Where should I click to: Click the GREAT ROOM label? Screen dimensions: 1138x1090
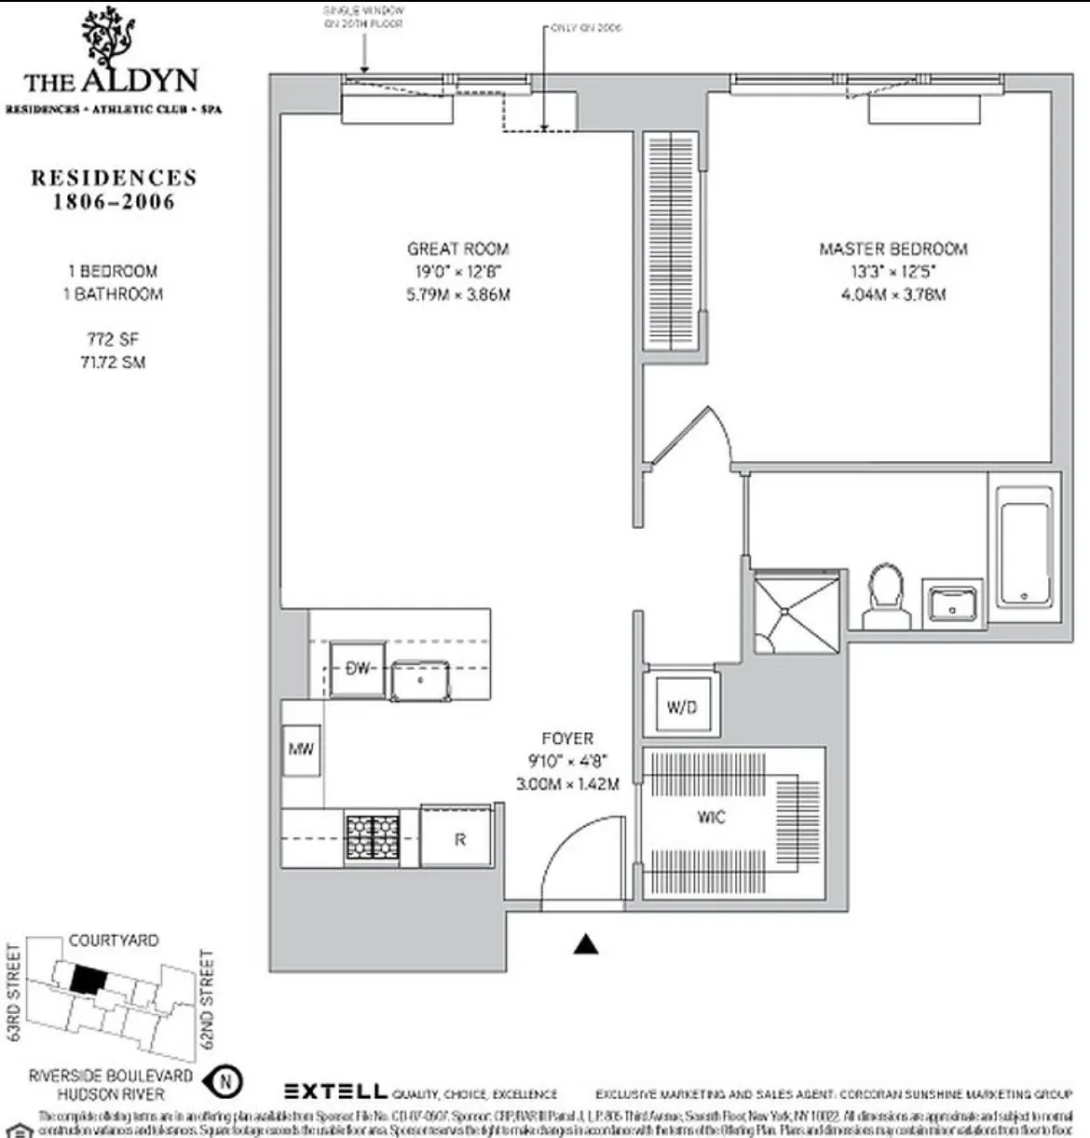click(457, 250)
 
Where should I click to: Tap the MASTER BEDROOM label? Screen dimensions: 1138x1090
click(892, 250)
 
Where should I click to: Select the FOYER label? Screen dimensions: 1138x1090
click(566, 738)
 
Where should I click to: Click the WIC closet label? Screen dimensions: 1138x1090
click(710, 818)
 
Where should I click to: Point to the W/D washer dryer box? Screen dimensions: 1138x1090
click(682, 707)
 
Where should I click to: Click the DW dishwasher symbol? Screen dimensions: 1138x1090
click(357, 669)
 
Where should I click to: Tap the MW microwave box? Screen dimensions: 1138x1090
click(301, 749)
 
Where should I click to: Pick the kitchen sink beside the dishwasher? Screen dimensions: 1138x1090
click(420, 680)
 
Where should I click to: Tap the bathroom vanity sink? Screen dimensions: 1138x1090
click(952, 603)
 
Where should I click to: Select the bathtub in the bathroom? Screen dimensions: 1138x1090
click(1023, 544)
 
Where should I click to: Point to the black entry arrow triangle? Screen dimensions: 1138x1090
click(585, 944)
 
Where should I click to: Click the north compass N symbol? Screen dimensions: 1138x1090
click(226, 1082)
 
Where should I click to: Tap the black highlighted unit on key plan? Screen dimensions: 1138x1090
click(87, 979)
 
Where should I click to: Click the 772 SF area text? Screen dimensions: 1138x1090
click(112, 340)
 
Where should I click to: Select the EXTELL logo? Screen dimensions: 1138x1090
click(334, 1091)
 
